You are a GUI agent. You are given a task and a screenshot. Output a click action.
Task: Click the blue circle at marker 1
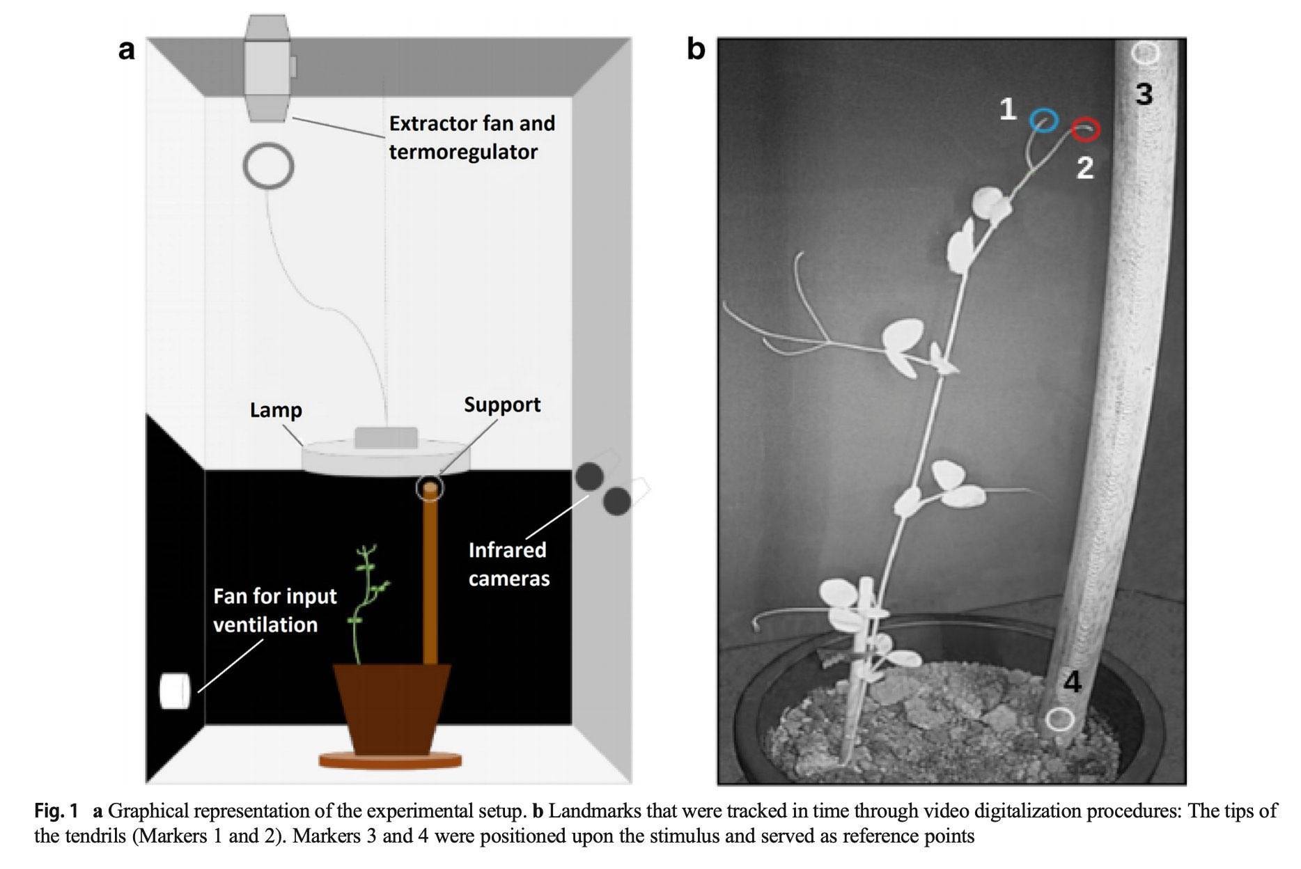point(1043,120)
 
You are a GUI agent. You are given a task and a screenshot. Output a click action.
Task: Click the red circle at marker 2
point(1085,129)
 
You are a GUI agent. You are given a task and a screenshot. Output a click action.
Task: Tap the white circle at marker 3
point(1145,53)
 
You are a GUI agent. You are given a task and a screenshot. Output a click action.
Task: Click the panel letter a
point(126,50)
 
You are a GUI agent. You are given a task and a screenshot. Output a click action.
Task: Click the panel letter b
point(696,49)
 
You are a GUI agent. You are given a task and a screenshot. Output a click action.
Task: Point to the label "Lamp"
point(276,409)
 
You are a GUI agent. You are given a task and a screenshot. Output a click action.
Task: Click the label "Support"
point(502,405)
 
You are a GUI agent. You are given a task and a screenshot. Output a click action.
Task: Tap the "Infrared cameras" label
point(509,564)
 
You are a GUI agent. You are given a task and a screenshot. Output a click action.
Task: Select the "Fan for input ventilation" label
point(274,610)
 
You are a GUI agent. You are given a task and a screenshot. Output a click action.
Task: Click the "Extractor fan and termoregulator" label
point(472,137)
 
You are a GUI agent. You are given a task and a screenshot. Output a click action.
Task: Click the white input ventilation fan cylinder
point(175,691)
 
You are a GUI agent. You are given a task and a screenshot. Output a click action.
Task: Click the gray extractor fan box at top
point(267,68)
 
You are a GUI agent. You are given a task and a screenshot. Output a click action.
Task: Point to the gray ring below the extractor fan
point(268,165)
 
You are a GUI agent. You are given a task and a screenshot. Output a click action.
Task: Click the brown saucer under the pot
point(390,760)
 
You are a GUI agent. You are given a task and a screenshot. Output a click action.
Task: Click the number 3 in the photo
point(1144,94)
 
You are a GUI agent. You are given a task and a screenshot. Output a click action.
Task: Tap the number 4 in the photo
point(1073,682)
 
